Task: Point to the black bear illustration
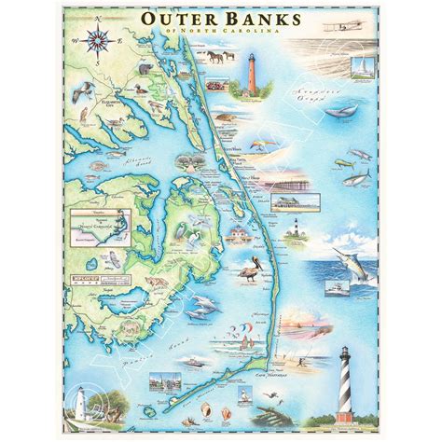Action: click(x=144, y=69)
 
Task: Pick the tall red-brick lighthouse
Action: click(x=248, y=72)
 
